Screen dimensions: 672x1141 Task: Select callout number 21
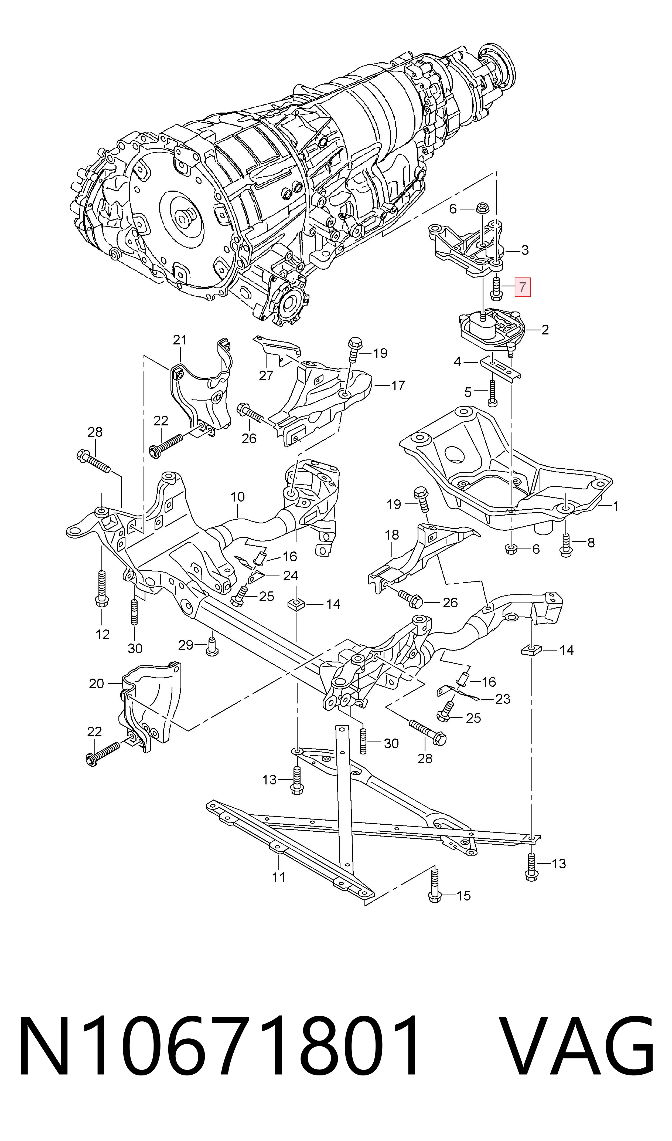180,340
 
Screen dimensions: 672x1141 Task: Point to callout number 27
266,375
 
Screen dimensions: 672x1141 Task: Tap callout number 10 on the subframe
237,497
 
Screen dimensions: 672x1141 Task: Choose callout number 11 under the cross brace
278,877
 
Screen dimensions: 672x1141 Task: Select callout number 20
97,683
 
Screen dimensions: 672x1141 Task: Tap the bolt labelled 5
493,392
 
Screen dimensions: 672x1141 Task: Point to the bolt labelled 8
566,544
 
